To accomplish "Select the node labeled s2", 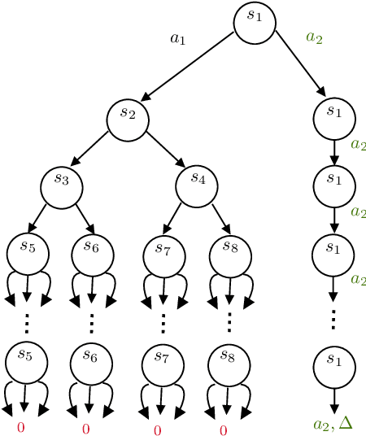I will pyautogui.click(x=128, y=119).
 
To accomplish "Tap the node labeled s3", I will pyautogui.click(x=62, y=185).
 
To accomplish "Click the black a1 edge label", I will pyautogui.click(x=177, y=38).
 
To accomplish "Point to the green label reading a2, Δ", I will pyautogui.click(x=333, y=423).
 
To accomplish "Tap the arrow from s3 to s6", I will pyautogui.click(x=83, y=218).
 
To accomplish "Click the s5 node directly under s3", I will pyautogui.click(x=28, y=252).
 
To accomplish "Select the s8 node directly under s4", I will pyautogui.click(x=230, y=254).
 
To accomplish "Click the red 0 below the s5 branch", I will pyautogui.click(x=21, y=427).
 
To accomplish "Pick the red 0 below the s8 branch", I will pyautogui.click(x=224, y=430).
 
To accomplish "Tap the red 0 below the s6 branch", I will pyautogui.click(x=85, y=429).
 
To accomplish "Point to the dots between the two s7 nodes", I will pyautogui.click(x=163, y=324).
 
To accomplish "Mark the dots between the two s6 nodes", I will pyautogui.click(x=91, y=324).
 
